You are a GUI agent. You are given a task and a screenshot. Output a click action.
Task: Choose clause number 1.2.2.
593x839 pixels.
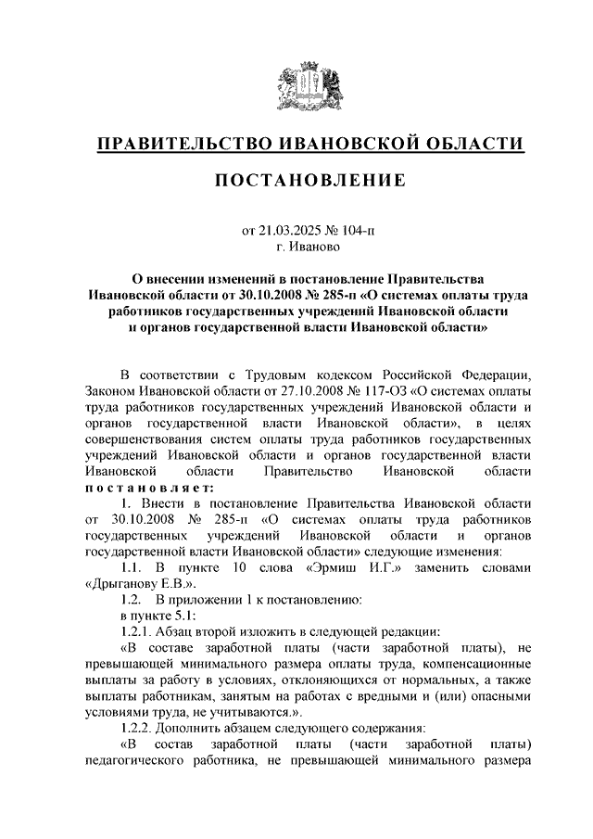pyautogui.click(x=139, y=729)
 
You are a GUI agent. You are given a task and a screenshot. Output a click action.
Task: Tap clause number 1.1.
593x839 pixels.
pyautogui.click(x=134, y=568)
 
